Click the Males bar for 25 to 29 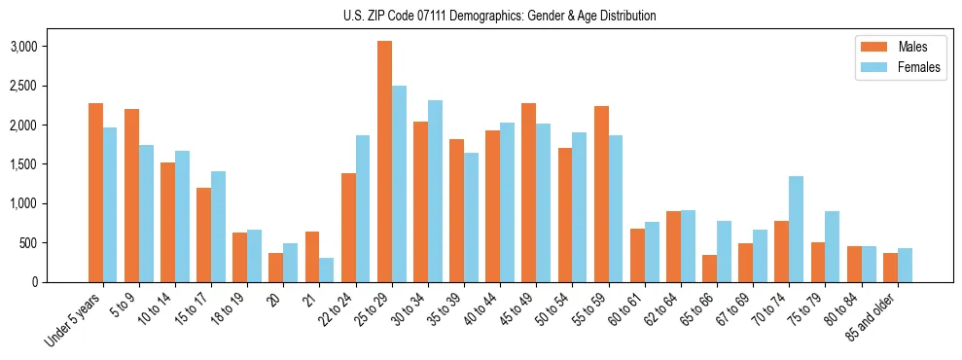pos(384,162)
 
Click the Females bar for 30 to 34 pos(435,191)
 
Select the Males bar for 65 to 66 pos(709,269)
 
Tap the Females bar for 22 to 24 pos(363,208)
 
